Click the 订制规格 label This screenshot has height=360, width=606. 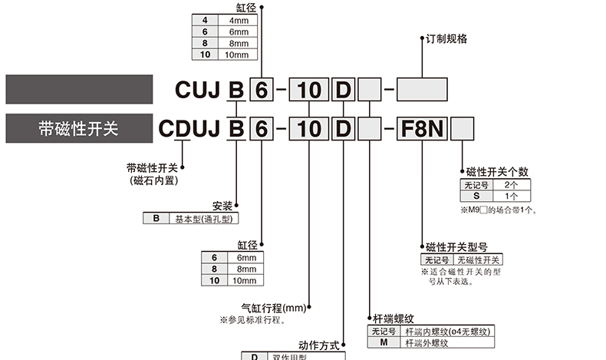click(x=446, y=39)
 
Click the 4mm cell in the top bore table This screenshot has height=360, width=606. click(x=236, y=21)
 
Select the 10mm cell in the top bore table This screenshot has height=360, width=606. click(x=236, y=54)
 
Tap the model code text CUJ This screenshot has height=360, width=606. click(x=198, y=91)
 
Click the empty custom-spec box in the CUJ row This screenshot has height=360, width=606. click(x=422, y=91)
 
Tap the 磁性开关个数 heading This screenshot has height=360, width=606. click(x=497, y=172)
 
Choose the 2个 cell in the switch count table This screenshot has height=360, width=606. click(x=512, y=185)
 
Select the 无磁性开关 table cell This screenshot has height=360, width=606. click(x=479, y=259)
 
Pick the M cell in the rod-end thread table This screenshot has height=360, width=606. click(x=382, y=342)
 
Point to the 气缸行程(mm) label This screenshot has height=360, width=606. click(x=274, y=308)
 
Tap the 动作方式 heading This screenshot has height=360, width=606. click(x=318, y=345)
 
